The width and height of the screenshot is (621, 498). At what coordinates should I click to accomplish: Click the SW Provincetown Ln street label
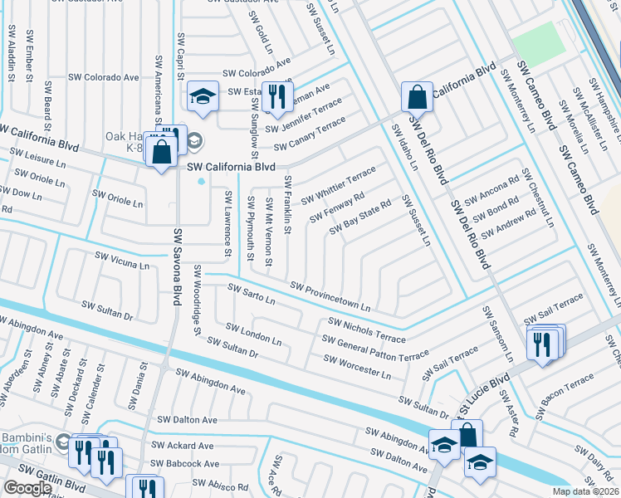click(x=330, y=297)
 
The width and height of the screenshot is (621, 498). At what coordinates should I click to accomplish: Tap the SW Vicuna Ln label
click(x=122, y=261)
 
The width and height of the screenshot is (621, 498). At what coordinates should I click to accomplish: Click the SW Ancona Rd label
click(x=491, y=189)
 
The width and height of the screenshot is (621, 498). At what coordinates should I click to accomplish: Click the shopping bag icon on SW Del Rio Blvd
click(x=417, y=97)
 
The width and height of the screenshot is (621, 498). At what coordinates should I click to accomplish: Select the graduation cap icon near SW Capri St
click(x=202, y=96)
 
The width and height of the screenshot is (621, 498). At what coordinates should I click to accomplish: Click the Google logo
click(x=27, y=488)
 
